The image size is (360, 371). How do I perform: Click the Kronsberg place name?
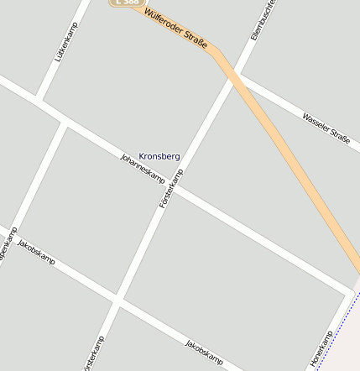coord(159,156)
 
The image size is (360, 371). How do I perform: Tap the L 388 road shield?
coord(124,3)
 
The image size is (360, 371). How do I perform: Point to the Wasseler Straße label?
coord(326,128)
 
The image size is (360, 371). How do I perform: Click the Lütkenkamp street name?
coord(67,42)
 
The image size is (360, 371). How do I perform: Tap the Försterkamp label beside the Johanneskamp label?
coord(171,189)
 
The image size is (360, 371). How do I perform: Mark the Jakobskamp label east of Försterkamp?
coord(205,353)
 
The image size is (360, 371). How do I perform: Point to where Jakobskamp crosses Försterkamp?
coord(117,300)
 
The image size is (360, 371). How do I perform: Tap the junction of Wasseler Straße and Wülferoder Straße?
coord(236,78)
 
